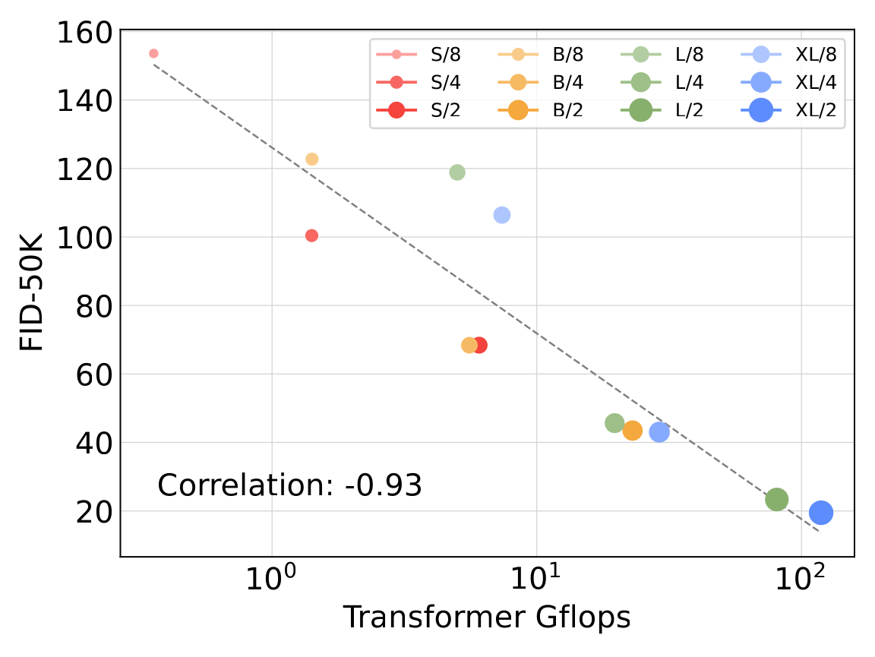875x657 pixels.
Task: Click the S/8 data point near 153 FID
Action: [x=153, y=54]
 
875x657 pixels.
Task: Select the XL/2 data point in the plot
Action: [x=821, y=513]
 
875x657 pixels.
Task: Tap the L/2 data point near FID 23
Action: [x=777, y=499]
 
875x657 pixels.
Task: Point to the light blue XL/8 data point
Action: [x=501, y=215]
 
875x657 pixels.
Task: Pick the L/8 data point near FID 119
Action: [x=457, y=172]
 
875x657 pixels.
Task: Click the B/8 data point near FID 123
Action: [x=312, y=159]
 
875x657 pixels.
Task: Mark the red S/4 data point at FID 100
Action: [x=311, y=235]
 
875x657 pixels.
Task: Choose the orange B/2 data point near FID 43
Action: [x=632, y=431]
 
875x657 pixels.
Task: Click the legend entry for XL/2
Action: [x=789, y=110]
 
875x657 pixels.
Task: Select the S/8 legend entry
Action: [x=419, y=54]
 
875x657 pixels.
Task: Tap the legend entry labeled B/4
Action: [x=541, y=82]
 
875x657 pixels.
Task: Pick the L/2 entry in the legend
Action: [x=662, y=110]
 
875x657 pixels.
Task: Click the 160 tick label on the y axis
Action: [x=85, y=33]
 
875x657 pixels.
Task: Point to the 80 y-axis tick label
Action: [x=94, y=306]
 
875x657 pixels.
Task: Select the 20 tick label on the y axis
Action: [x=94, y=511]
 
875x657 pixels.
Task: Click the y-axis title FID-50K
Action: [x=31, y=292]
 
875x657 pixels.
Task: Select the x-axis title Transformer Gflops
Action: [x=487, y=618]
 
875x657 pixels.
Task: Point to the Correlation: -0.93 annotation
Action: [x=289, y=485]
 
